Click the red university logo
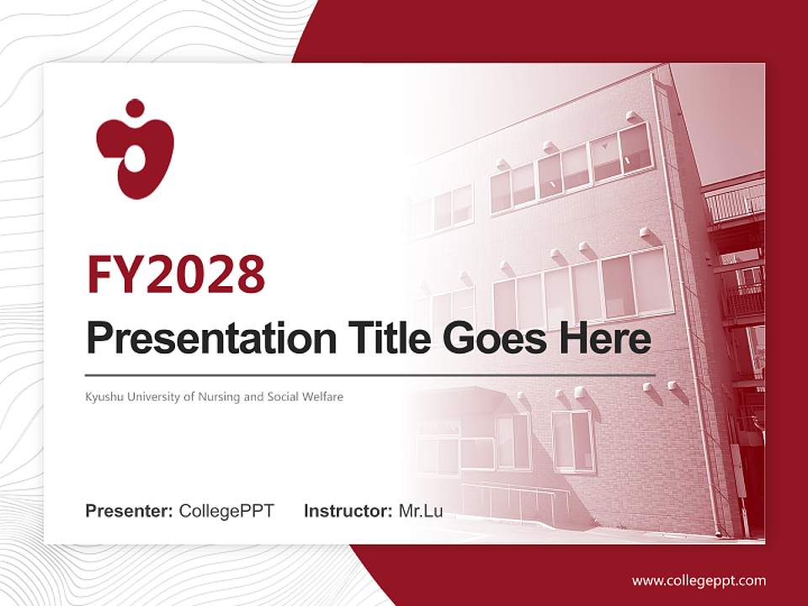[135, 151]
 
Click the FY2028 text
[176, 273]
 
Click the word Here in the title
[604, 339]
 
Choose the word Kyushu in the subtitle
[103, 396]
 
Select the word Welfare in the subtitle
[323, 396]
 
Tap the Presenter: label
[130, 511]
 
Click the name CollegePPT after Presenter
[226, 511]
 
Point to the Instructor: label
[348, 511]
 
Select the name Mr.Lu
[421, 511]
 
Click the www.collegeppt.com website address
[699, 580]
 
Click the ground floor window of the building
[572, 439]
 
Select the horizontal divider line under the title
[370, 375]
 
